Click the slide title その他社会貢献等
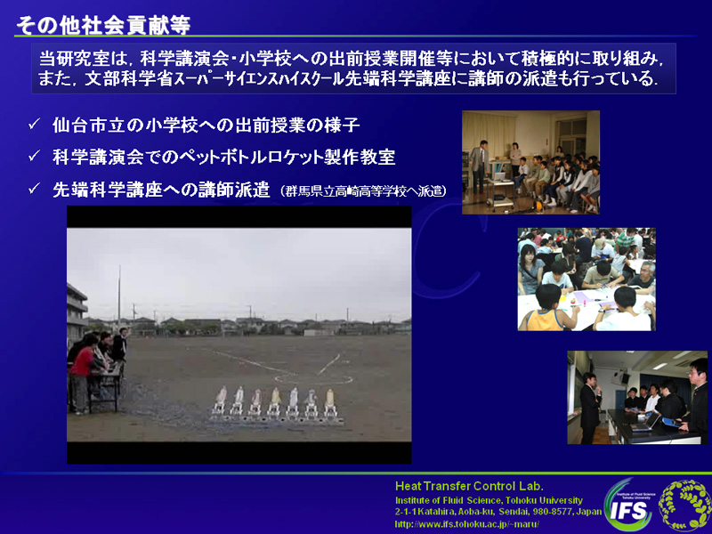coord(103,25)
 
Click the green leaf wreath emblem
coord(684,506)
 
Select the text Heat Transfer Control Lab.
coord(469,486)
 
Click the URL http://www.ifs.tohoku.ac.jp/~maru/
coord(466,524)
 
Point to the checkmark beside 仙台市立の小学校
coord(34,124)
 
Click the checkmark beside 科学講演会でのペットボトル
coord(34,157)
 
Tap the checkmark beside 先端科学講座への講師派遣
coord(34,189)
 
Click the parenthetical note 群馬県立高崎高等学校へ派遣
coord(362,191)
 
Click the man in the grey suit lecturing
coord(479,166)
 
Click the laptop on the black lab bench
coord(644,422)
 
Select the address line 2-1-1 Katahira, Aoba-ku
coord(498,513)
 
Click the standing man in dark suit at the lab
coord(589,408)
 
